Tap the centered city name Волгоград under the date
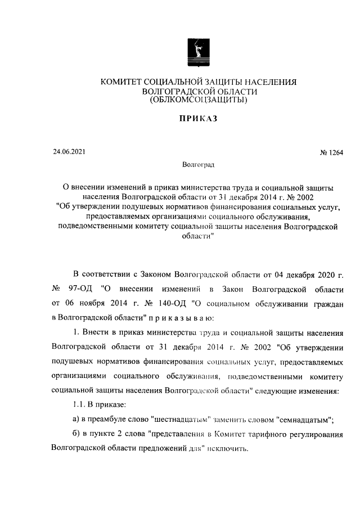pos(198,165)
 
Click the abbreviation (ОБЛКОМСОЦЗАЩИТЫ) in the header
pos(198,101)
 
